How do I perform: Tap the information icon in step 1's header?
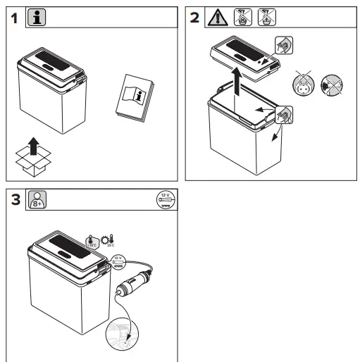click(x=36, y=18)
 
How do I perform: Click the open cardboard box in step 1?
click(x=32, y=162)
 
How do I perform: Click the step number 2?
click(x=194, y=18)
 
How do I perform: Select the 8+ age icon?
click(x=36, y=199)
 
